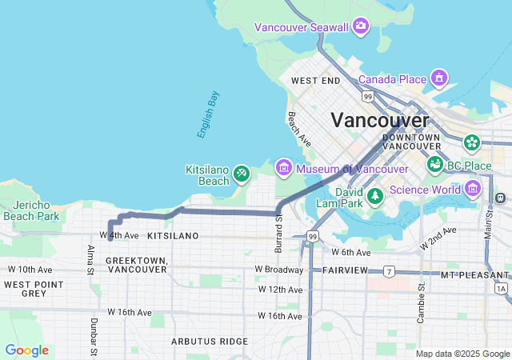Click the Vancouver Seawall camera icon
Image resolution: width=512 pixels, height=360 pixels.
pyautogui.click(x=361, y=27)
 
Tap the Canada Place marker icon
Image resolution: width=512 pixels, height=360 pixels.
pyautogui.click(x=438, y=78)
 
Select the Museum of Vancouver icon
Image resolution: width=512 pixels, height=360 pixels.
pyautogui.click(x=283, y=169)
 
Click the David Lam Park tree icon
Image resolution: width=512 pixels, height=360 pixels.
pyautogui.click(x=374, y=196)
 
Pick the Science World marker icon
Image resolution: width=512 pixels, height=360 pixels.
pyautogui.click(x=472, y=189)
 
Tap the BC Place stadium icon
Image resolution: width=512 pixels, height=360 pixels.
pyautogui.click(x=435, y=165)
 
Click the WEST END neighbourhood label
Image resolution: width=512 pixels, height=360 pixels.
pyautogui.click(x=316, y=81)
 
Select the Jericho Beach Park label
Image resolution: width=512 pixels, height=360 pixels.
pyautogui.click(x=31, y=210)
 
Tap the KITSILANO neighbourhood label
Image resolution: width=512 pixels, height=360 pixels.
pyautogui.click(x=173, y=236)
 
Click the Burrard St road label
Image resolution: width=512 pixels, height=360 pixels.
pyautogui.click(x=278, y=234)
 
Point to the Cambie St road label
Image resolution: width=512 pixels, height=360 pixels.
pyautogui.click(x=420, y=302)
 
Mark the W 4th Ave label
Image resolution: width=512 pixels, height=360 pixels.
pyautogui.click(x=119, y=236)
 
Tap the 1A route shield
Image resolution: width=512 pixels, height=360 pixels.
pyautogui.click(x=501, y=288)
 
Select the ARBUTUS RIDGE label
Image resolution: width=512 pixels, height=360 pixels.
pyautogui.click(x=210, y=341)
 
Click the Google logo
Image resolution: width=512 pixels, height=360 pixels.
pyautogui.click(x=26, y=350)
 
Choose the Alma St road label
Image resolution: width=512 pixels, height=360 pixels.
pyautogui.click(x=90, y=260)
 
